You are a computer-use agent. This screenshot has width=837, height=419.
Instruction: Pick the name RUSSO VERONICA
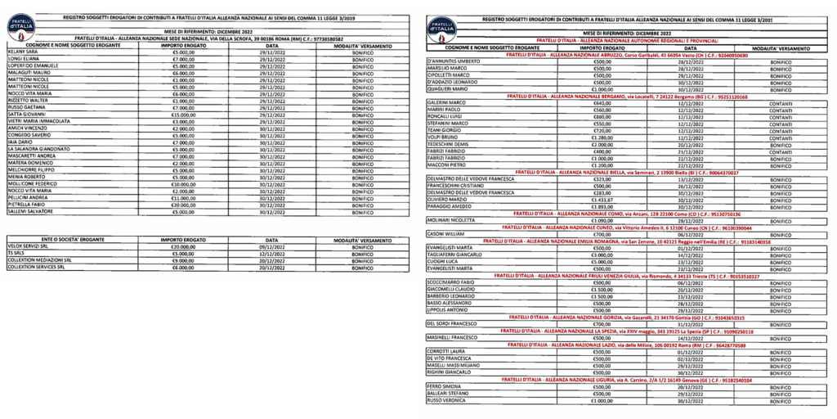coord(445,401)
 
